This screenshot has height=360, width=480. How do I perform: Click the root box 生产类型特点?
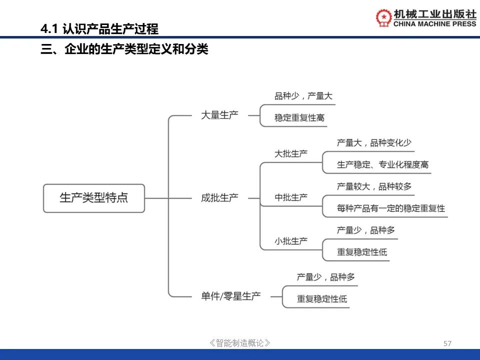point(94,198)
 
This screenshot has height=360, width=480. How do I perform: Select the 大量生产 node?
point(219,115)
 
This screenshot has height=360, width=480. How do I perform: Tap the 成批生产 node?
point(219,197)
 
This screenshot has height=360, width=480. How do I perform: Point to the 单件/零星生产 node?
point(231,296)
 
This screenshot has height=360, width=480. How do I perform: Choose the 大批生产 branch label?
point(291,153)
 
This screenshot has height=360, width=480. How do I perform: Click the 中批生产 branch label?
point(291,197)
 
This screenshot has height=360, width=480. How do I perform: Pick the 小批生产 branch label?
point(291,241)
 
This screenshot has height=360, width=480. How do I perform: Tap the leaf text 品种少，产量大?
point(303,96)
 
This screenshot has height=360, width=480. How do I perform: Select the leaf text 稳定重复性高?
point(299,118)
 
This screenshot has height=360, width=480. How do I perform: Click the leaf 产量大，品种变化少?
point(374,142)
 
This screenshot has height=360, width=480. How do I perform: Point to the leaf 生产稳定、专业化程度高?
point(382,164)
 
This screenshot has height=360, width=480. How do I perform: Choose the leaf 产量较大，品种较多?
point(374,186)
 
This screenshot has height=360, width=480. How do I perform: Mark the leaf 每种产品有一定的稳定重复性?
point(391,208)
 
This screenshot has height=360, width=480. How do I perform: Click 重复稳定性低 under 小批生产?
point(362,252)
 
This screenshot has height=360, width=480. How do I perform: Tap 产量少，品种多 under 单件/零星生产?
point(326,277)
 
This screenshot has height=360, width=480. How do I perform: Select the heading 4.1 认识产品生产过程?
point(99,29)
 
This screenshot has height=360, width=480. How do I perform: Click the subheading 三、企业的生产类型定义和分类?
point(124,50)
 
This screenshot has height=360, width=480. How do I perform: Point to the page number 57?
point(447,343)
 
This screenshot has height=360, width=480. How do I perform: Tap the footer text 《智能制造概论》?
point(240,343)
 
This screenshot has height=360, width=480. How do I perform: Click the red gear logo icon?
point(384,17)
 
